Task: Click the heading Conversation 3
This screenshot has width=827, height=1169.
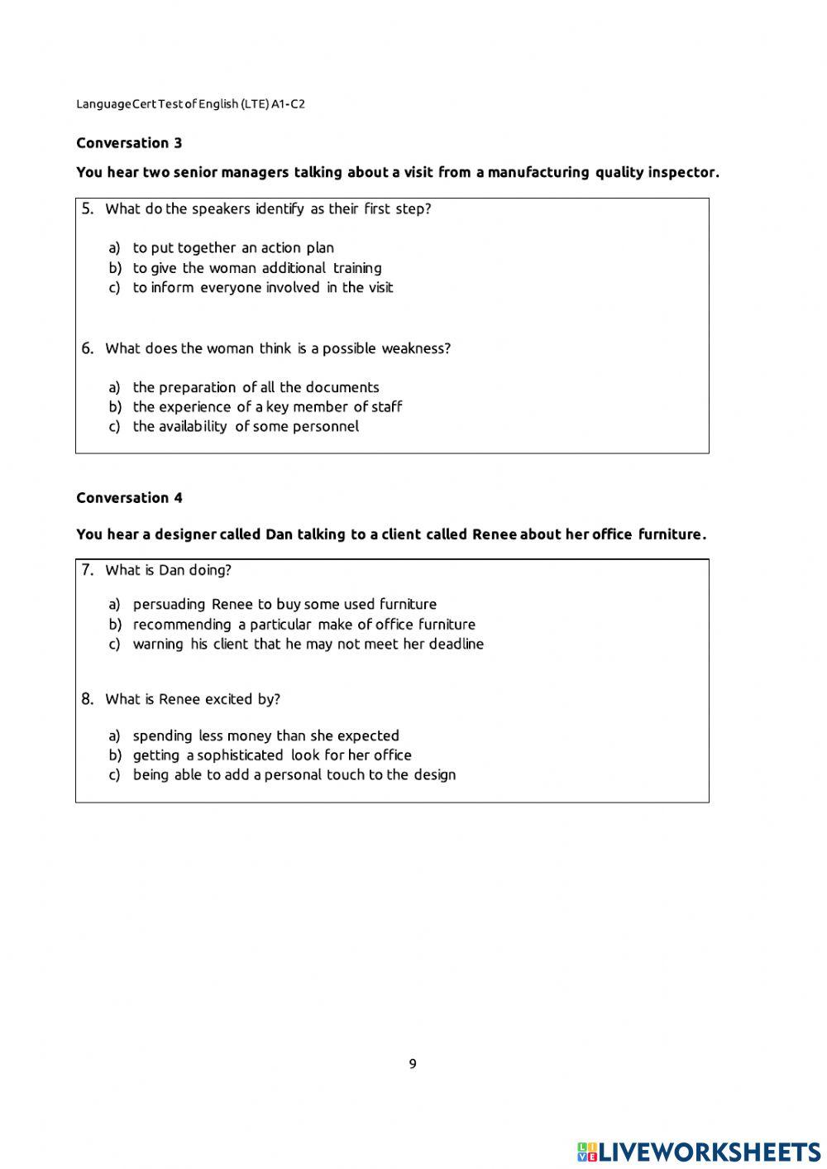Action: click(x=129, y=143)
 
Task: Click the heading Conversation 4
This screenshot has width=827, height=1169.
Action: click(x=129, y=498)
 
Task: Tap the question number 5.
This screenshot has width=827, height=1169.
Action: click(x=88, y=208)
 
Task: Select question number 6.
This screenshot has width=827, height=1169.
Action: click(x=88, y=348)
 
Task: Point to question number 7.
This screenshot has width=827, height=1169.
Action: click(x=88, y=570)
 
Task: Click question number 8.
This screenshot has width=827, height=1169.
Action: click(x=88, y=699)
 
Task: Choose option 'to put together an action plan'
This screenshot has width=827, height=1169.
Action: click(x=233, y=248)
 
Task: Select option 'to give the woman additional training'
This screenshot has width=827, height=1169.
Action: click(x=256, y=268)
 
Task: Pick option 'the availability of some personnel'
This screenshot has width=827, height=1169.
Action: click(x=246, y=427)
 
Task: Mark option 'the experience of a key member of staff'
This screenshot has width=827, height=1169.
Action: click(x=267, y=407)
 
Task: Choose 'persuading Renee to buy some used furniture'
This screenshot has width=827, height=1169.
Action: click(x=284, y=605)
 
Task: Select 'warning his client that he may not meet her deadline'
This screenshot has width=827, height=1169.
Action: click(x=308, y=644)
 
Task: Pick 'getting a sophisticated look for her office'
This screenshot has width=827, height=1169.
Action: click(x=271, y=755)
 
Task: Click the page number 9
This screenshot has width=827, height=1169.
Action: click(x=413, y=1064)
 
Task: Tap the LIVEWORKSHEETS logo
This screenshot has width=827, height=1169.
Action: click(x=699, y=1151)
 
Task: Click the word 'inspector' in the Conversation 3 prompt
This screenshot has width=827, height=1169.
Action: click(x=682, y=173)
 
